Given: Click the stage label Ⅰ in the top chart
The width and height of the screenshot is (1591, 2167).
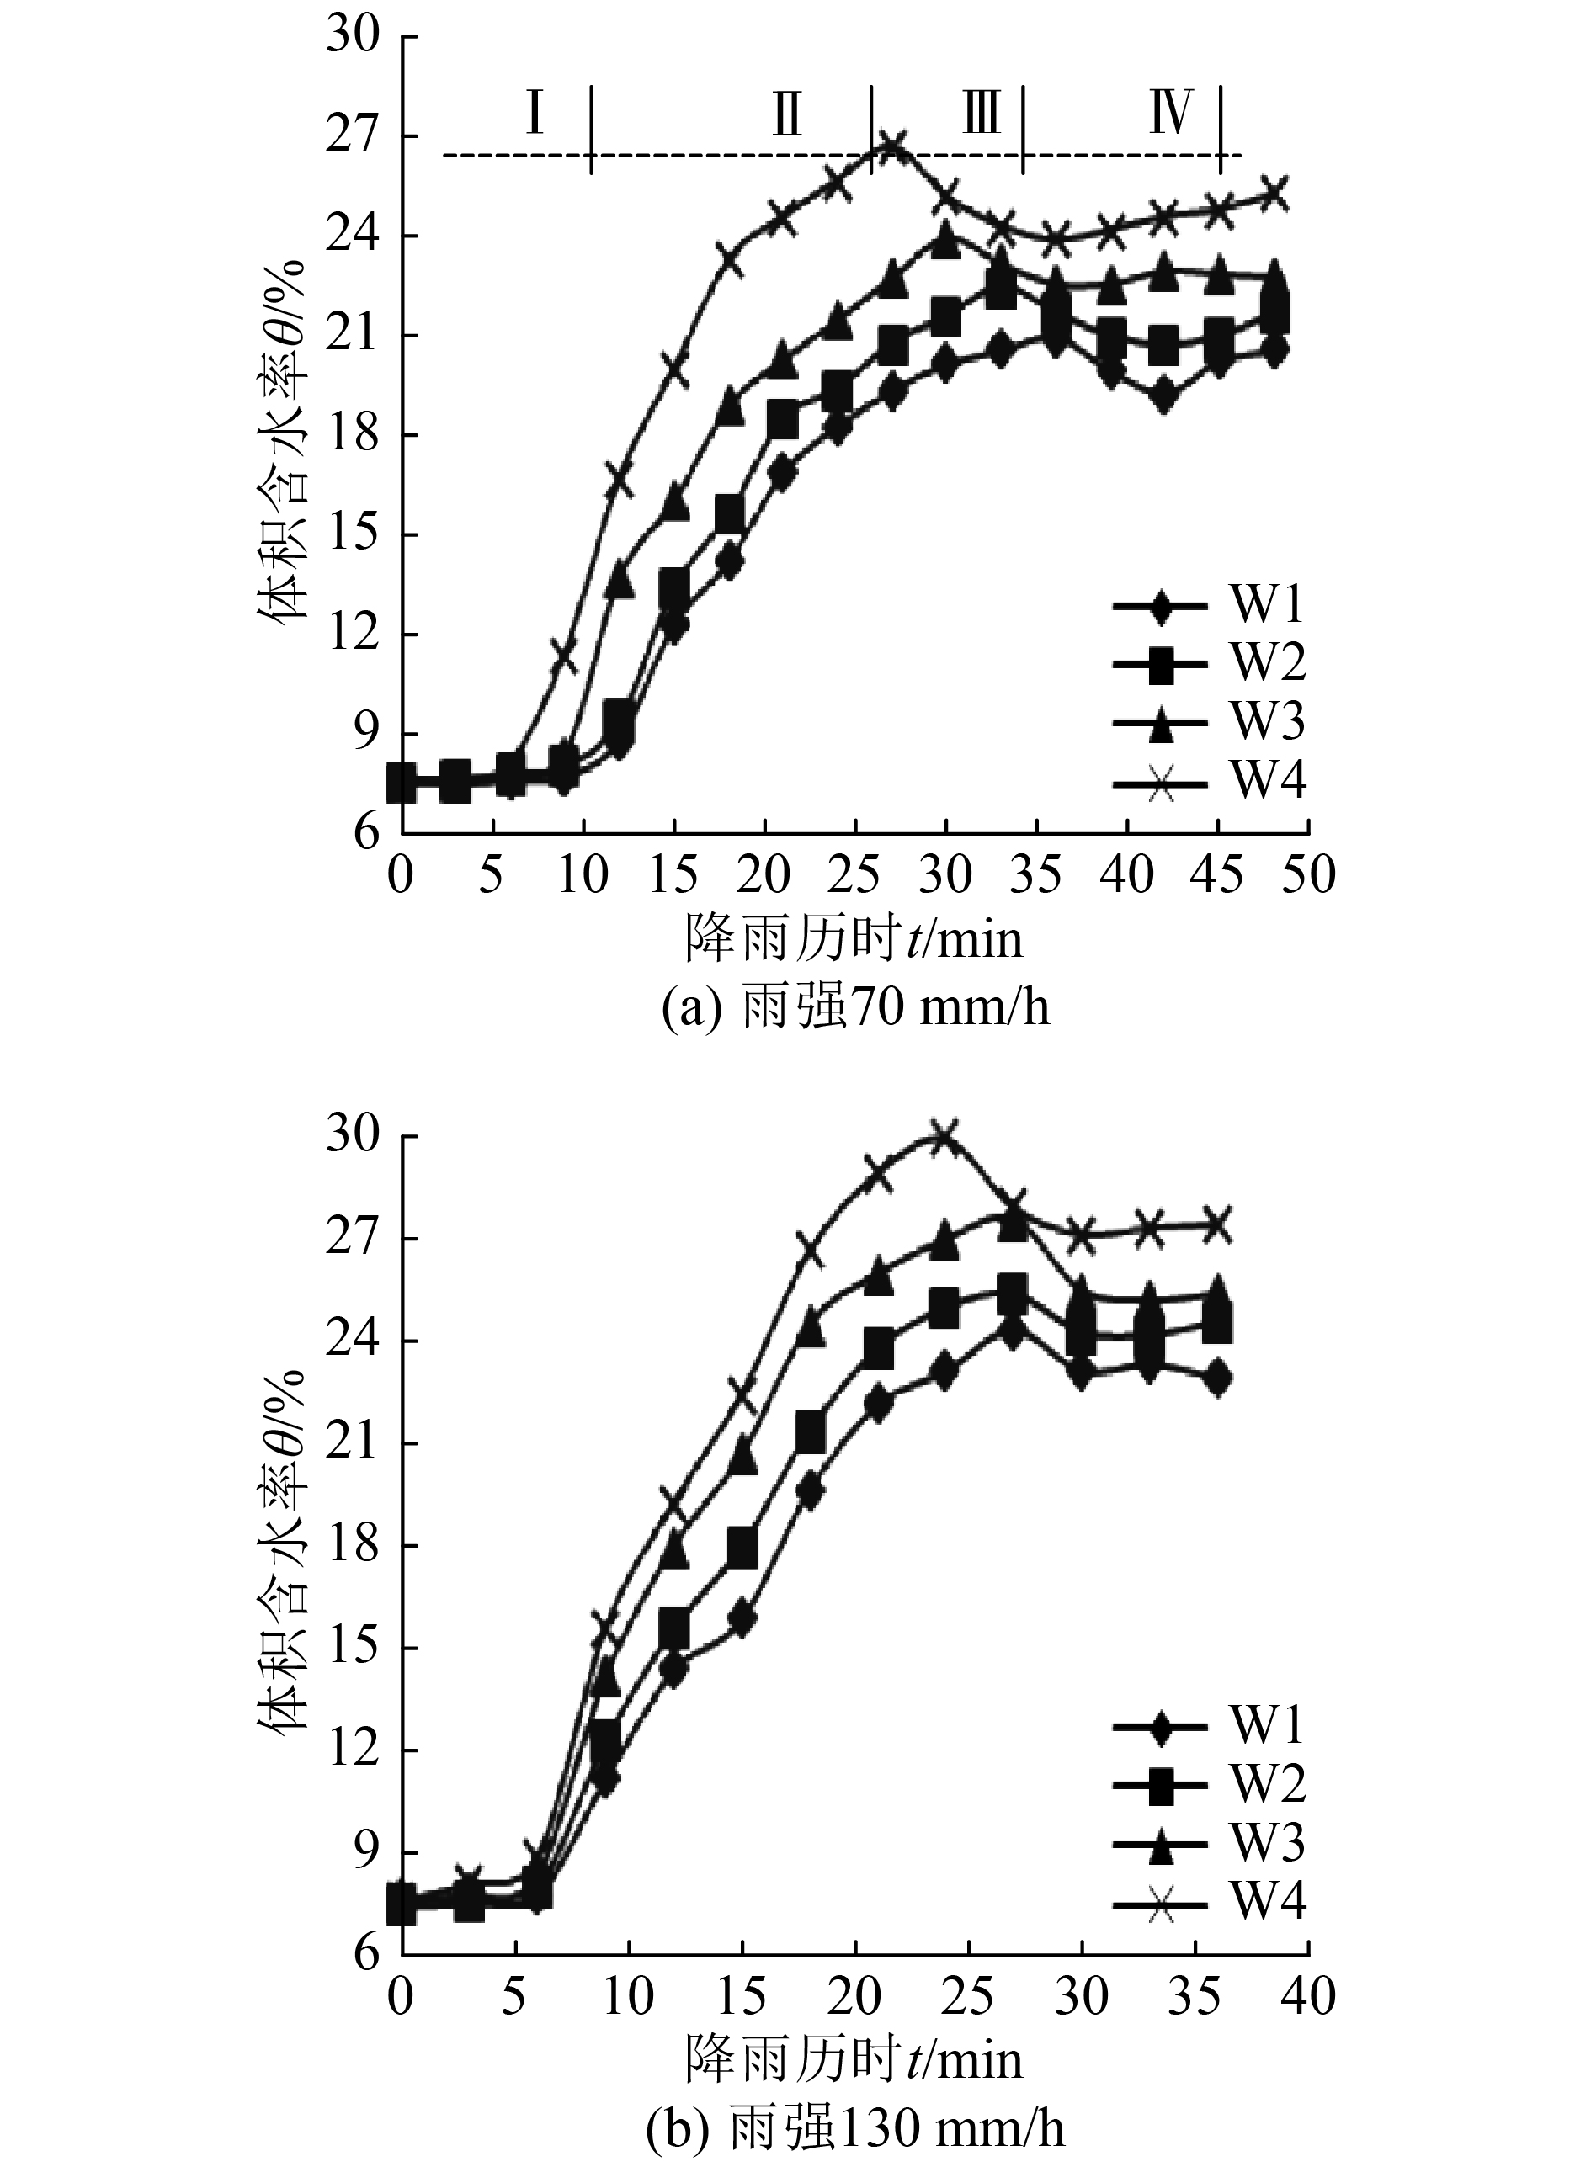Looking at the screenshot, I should point(535,112).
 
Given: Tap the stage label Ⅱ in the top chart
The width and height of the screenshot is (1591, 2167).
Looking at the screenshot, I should point(787,114).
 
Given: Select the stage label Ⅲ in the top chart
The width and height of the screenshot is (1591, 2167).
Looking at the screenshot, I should point(982,112).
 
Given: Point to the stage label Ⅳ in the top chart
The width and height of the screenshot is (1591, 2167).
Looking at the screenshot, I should point(1171,112).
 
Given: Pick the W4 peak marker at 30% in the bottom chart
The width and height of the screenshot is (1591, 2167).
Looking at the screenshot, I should point(944,1136).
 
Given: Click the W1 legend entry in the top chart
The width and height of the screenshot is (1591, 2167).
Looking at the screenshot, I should point(1209,606).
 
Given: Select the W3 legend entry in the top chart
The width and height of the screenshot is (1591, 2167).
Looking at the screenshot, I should point(1209,721).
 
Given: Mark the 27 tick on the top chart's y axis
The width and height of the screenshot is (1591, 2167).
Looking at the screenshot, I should point(366,135).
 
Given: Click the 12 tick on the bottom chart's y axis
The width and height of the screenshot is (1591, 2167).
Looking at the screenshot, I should point(366,1750).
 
